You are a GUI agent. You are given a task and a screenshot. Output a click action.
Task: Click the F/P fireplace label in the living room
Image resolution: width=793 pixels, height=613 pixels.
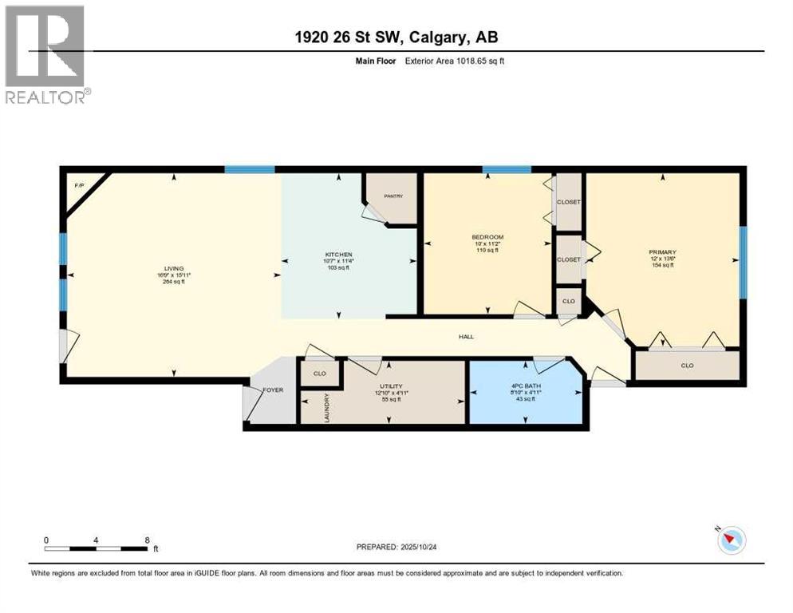click(x=78, y=185)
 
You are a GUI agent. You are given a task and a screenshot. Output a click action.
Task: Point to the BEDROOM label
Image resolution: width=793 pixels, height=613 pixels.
click(x=487, y=237)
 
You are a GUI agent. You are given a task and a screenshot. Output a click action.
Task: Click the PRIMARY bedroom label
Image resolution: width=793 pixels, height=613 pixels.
click(x=661, y=251)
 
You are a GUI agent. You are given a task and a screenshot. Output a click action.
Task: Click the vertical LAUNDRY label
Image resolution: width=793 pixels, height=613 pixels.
click(x=327, y=407)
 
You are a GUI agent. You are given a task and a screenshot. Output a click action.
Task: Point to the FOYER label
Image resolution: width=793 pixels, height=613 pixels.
click(x=274, y=390)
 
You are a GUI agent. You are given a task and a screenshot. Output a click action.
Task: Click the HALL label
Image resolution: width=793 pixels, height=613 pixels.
click(x=466, y=337)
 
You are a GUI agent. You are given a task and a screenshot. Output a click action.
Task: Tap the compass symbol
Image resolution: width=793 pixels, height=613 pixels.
click(x=731, y=540)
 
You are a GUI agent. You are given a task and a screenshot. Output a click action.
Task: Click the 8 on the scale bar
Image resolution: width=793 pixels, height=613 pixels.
click(x=147, y=540)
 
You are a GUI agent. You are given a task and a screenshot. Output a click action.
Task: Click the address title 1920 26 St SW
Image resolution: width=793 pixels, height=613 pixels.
click(x=396, y=38)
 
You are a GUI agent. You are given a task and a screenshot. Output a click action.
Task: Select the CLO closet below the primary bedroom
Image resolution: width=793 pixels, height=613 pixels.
click(x=687, y=366)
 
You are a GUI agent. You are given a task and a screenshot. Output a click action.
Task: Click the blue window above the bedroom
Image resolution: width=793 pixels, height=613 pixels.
click(x=507, y=169)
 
